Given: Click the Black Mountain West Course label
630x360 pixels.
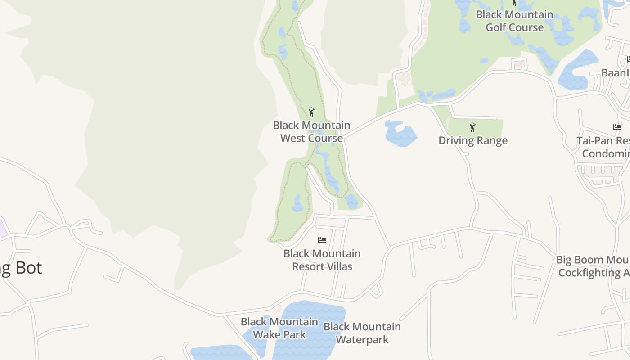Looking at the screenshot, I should coord(311,131).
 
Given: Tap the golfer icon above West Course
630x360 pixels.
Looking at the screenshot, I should coord(311,112).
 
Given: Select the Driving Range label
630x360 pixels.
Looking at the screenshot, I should coord(472,140).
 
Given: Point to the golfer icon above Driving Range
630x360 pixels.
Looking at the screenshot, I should coord(472,127).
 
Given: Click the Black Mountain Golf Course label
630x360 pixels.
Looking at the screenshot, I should coord(514,21).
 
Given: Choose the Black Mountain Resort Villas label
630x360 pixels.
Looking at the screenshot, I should coord(322,260).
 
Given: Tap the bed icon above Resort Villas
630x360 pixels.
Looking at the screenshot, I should coord(322,240).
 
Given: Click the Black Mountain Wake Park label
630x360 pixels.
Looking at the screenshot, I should coord(279,328).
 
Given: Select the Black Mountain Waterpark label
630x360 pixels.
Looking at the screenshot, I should coord(362,333).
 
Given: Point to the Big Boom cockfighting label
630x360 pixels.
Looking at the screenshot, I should coord(593,266).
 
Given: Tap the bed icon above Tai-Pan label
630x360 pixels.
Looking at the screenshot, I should coord(617,127).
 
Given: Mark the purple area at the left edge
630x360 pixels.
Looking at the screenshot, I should coord(2,228).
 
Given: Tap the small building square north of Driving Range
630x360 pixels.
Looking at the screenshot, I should coord(519,64).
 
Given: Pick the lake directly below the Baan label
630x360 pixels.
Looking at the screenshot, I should coord(574,81).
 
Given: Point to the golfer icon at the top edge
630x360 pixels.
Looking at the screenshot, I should coord(514,3).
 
